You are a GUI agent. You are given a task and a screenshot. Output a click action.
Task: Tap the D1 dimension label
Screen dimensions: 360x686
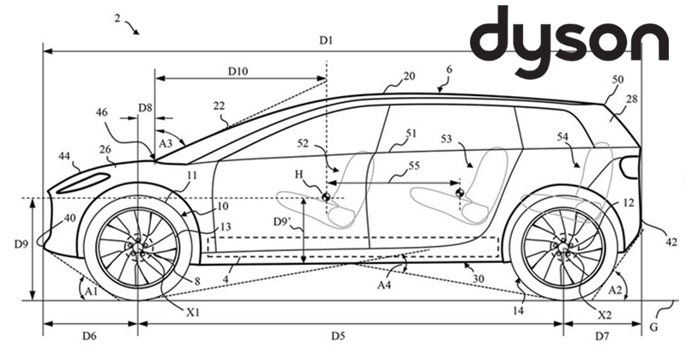327,41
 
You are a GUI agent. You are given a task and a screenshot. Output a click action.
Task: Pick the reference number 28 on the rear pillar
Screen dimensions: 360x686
632,101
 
